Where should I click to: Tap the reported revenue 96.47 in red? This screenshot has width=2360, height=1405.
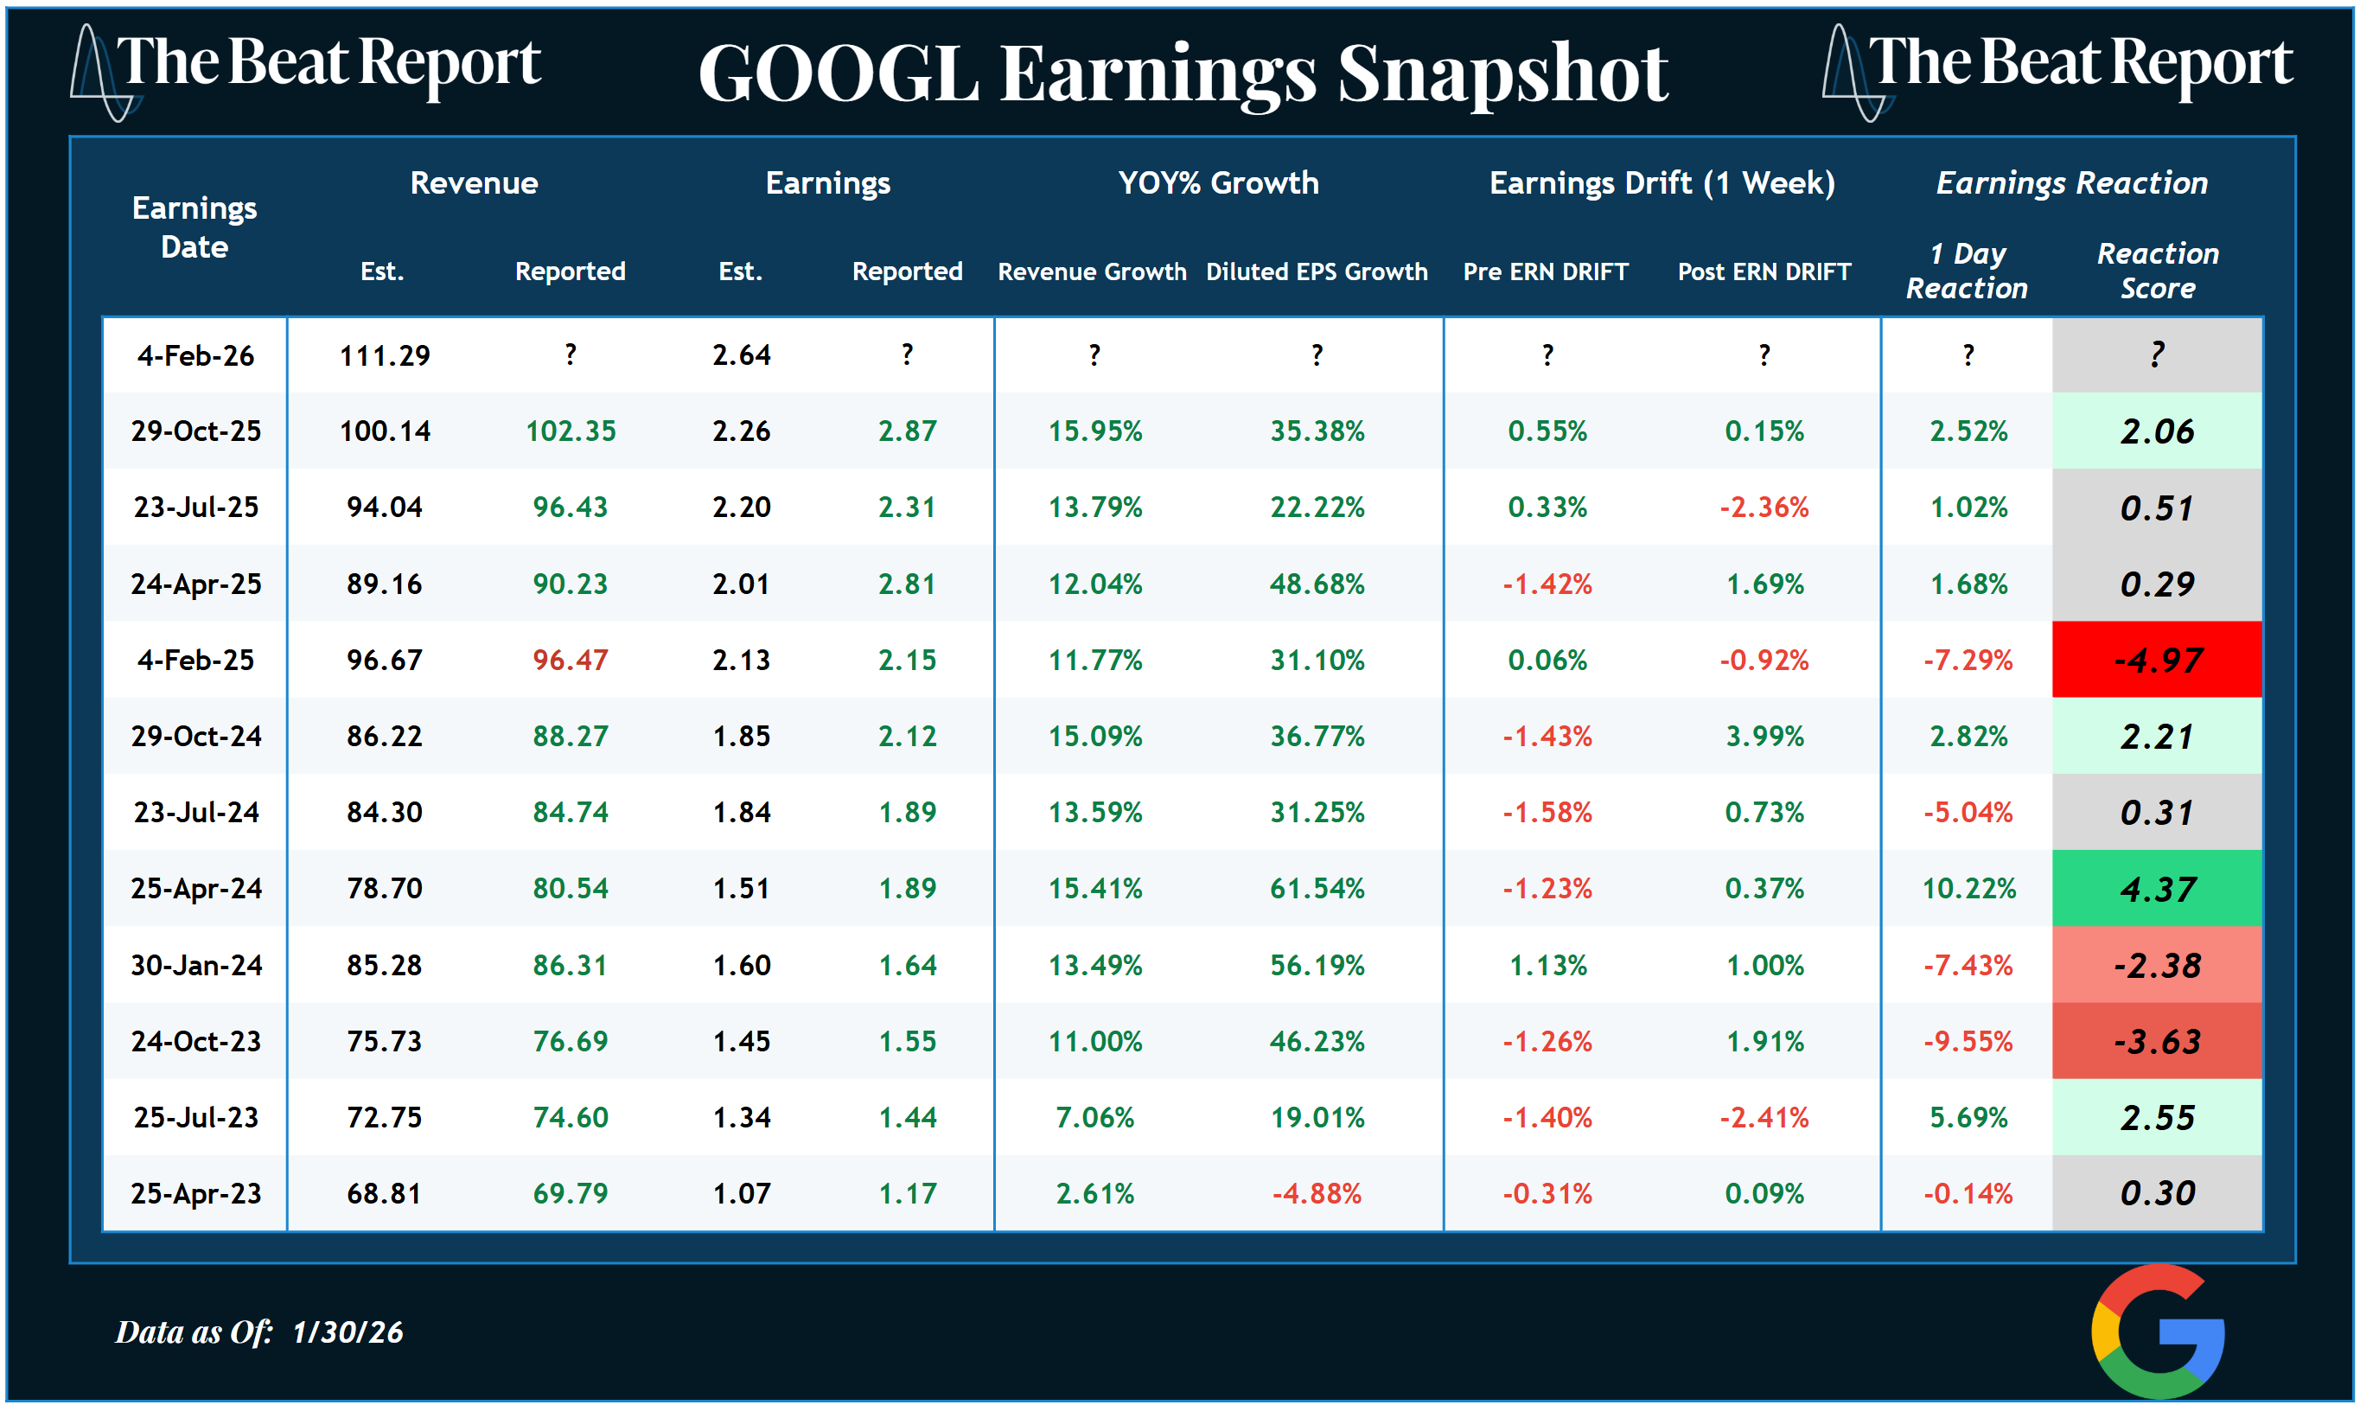pyautogui.click(x=570, y=660)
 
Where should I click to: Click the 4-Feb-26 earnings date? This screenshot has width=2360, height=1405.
pyautogui.click(x=195, y=355)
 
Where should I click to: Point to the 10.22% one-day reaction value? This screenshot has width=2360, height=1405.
pyautogui.click(x=1968, y=888)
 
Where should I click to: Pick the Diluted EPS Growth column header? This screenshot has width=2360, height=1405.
pyautogui.click(x=1316, y=271)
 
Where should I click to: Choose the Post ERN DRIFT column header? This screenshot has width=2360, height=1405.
pyautogui.click(x=1764, y=271)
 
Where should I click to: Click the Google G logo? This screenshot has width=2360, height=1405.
pyautogui.click(x=2158, y=1330)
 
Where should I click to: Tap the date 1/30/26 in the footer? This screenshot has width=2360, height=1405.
pyautogui.click(x=348, y=1332)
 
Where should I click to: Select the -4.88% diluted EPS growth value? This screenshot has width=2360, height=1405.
pyautogui.click(x=1316, y=1193)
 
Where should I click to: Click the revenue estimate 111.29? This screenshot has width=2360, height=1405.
pyautogui.click(x=385, y=355)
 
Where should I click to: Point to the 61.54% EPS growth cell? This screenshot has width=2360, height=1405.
pyautogui.click(x=1316, y=888)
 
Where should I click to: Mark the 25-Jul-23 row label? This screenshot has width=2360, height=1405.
pyautogui.click(x=195, y=1117)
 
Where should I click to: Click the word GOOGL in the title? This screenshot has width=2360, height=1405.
pyautogui.click(x=838, y=73)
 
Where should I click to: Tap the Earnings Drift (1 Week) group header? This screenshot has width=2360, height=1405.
pyautogui.click(x=1662, y=182)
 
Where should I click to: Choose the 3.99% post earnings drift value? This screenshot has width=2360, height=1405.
pyautogui.click(x=1764, y=736)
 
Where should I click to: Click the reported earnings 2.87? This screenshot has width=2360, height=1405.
pyautogui.click(x=907, y=431)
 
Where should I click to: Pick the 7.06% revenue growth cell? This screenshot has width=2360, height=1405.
pyautogui.click(x=1094, y=1117)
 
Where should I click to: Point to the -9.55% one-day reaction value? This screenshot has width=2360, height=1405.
pyautogui.click(x=1968, y=1042)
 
